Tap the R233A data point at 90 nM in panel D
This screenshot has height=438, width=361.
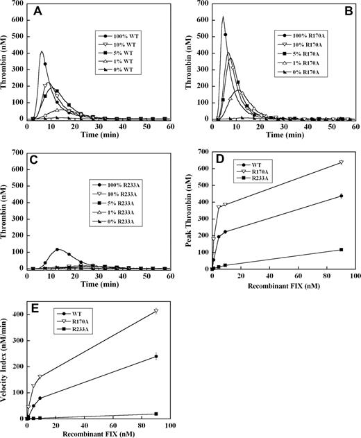coord(341,249)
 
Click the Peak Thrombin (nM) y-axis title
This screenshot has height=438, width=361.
coord(192,210)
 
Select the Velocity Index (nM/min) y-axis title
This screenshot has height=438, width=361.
coord(6,361)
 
